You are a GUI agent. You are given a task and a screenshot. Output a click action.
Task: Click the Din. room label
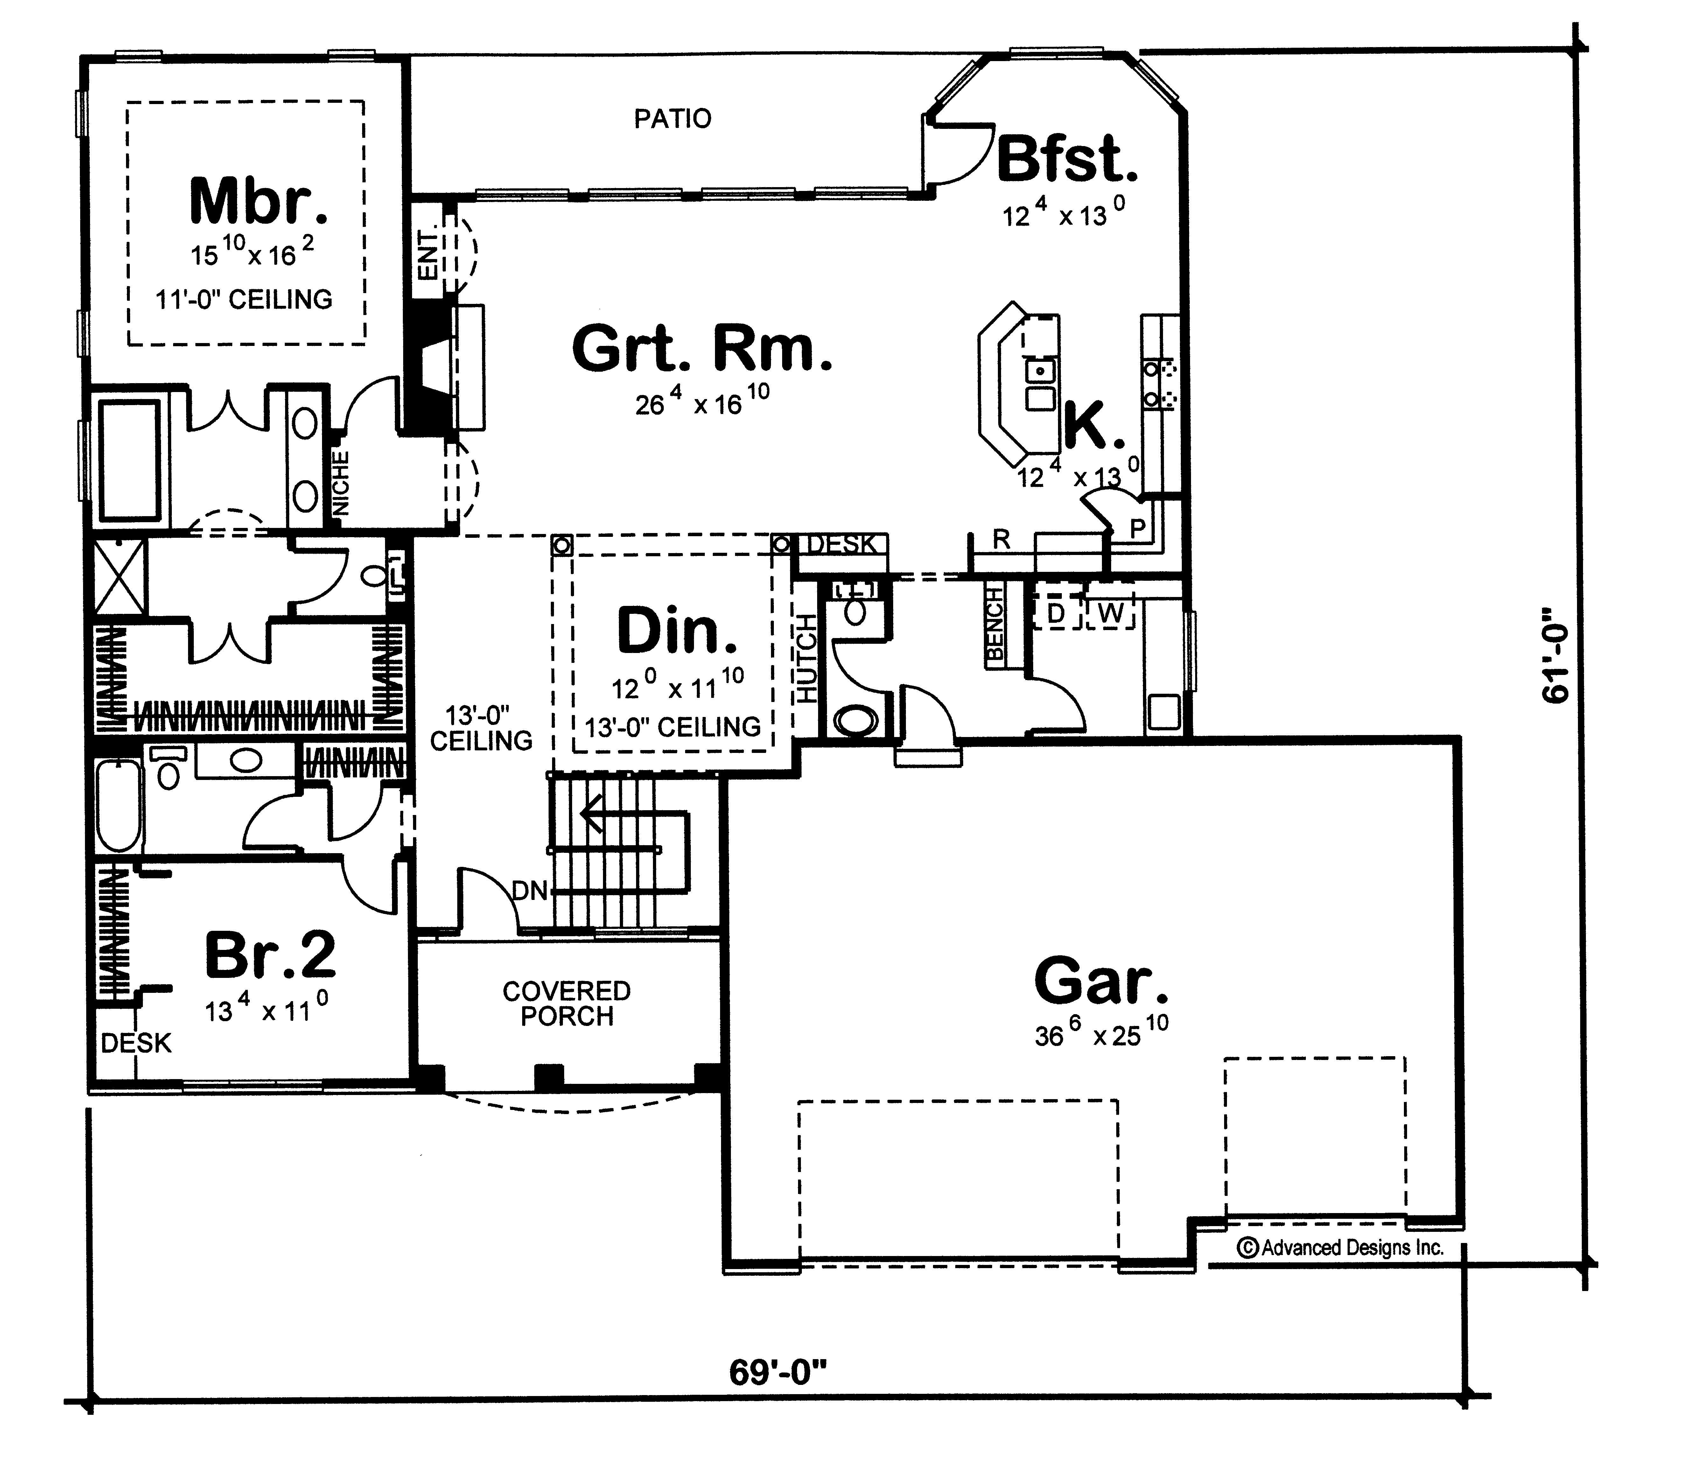pos(677,632)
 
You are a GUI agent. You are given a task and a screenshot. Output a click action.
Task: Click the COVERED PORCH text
pos(567,1003)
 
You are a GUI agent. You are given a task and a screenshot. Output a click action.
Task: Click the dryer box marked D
pos(1057,613)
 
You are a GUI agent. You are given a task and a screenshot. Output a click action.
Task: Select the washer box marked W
pos(1110,613)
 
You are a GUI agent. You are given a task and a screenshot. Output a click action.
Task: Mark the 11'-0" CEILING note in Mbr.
pos(244,299)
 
